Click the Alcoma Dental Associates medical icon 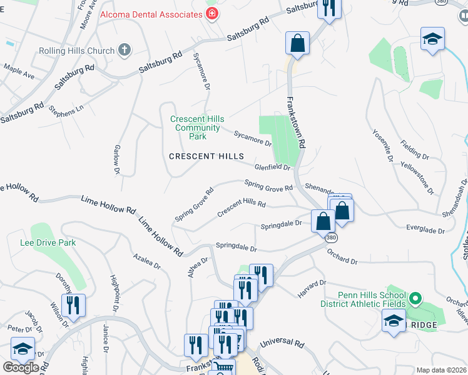[x=213, y=12]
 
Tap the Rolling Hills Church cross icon [x=125, y=51]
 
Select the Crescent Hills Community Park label [x=198, y=127]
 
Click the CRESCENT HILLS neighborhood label [x=206, y=156]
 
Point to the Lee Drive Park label [x=48, y=242]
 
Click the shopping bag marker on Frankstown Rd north [x=298, y=44]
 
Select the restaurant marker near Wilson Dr [x=74, y=306]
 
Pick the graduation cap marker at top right [x=432, y=39]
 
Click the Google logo [x=21, y=367]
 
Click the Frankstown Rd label [x=296, y=122]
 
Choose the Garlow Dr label [x=116, y=159]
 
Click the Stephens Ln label [x=66, y=110]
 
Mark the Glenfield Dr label [x=272, y=167]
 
